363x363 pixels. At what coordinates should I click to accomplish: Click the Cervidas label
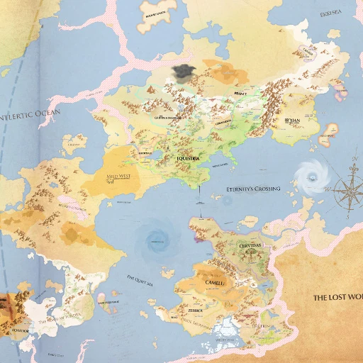[249, 245]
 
